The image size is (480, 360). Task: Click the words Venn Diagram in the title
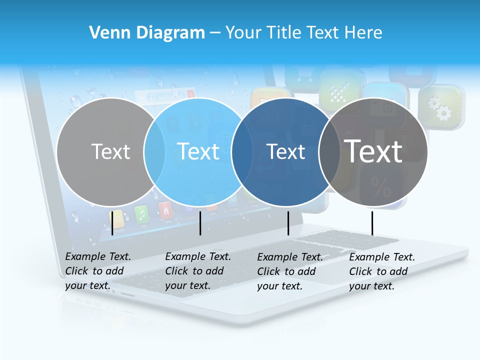[147, 33]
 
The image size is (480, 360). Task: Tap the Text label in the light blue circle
[198, 151]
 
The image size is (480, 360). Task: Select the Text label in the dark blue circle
[285, 151]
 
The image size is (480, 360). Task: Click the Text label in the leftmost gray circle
[110, 151]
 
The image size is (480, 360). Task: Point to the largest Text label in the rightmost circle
[373, 151]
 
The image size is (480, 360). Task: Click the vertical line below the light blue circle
[200, 223]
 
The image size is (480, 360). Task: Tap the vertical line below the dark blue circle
[288, 223]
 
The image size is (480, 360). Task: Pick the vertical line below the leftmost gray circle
[112, 223]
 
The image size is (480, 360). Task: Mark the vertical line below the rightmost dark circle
[372, 223]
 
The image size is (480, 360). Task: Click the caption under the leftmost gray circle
[98, 271]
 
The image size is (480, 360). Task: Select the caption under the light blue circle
[198, 271]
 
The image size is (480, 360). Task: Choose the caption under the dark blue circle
[290, 271]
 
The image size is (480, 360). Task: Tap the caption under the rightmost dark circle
[382, 271]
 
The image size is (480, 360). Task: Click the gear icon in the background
[440, 107]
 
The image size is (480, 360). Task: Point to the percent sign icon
[381, 188]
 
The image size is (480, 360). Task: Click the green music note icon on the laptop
[141, 213]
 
